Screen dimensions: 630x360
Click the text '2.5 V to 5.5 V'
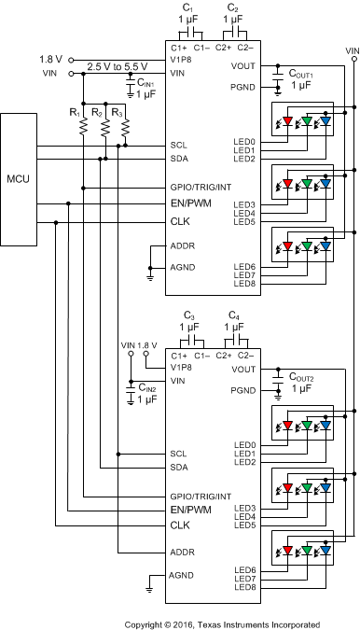coord(117,65)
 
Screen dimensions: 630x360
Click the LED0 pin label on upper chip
coord(245,140)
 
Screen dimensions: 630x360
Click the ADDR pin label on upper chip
coord(181,247)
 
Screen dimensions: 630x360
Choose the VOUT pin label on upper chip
coord(242,66)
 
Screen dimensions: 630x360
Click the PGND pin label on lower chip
coord(242,390)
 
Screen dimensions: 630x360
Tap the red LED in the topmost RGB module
coord(287,119)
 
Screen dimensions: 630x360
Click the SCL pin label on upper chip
coord(179,146)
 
